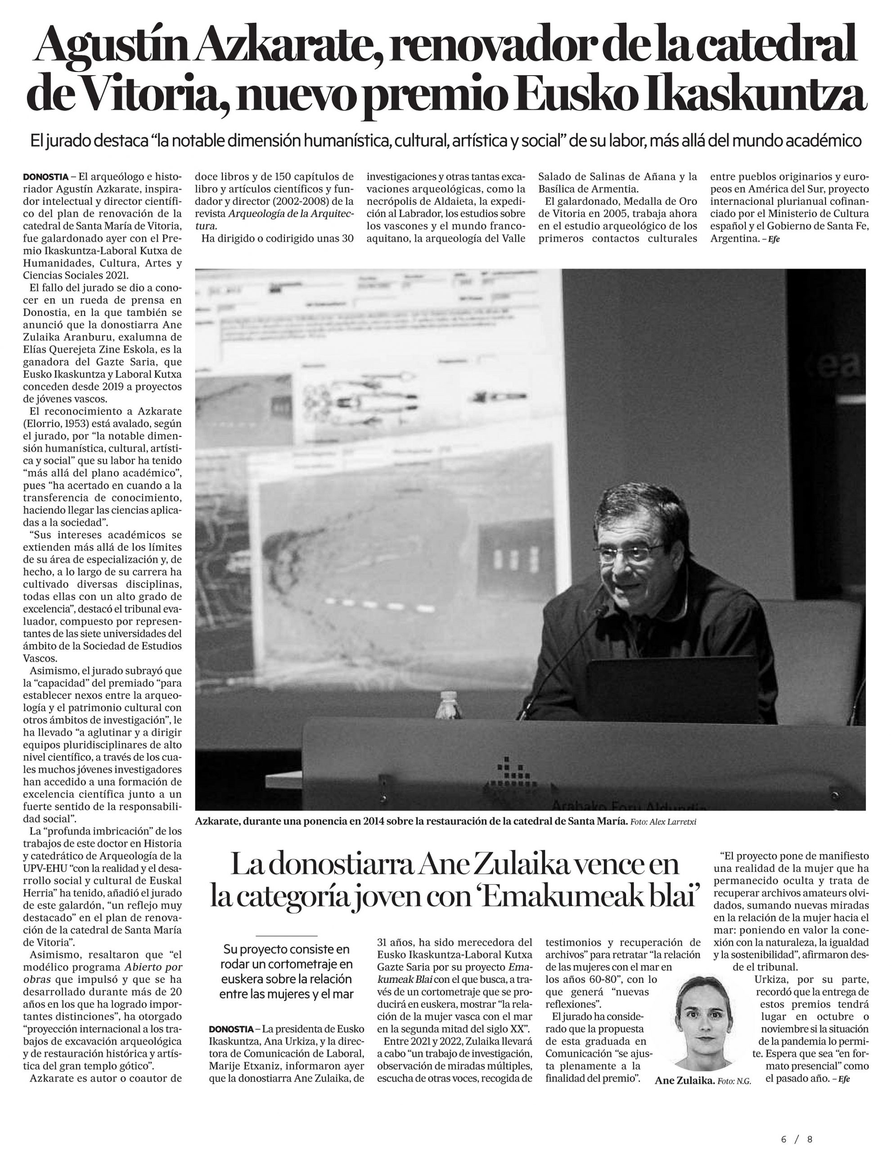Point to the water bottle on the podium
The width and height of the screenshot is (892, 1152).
point(448,706)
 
